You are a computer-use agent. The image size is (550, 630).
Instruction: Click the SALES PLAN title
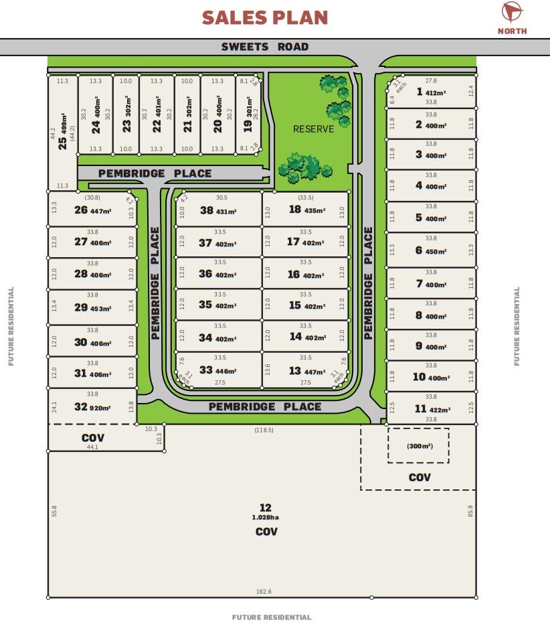[265, 17]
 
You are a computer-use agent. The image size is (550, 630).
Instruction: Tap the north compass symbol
[512, 11]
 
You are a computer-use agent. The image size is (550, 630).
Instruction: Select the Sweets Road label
[265, 47]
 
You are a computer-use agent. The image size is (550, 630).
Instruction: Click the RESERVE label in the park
[313, 129]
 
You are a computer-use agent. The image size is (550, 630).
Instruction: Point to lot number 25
[63, 143]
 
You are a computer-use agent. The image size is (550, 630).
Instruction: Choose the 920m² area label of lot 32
[100, 408]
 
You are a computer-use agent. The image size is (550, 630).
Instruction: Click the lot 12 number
[266, 507]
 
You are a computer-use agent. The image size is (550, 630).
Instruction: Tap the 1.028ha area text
[266, 518]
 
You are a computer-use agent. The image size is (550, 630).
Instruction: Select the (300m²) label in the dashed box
[420, 446]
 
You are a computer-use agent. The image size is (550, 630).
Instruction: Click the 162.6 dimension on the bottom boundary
[264, 591]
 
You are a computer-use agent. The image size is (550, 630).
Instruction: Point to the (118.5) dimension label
[264, 430]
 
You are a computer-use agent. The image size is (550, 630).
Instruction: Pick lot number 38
[207, 210]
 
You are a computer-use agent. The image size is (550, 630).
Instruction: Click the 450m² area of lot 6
[436, 252]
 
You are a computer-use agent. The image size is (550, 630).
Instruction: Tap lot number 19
[248, 126]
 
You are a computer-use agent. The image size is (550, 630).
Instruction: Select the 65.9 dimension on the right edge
[470, 511]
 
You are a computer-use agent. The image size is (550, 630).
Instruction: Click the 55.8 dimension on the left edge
[54, 511]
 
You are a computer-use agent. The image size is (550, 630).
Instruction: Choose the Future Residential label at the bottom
[272, 617]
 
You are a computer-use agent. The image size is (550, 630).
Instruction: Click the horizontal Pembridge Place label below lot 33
[265, 406]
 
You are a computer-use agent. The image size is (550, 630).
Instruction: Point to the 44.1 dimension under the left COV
[92, 447]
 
